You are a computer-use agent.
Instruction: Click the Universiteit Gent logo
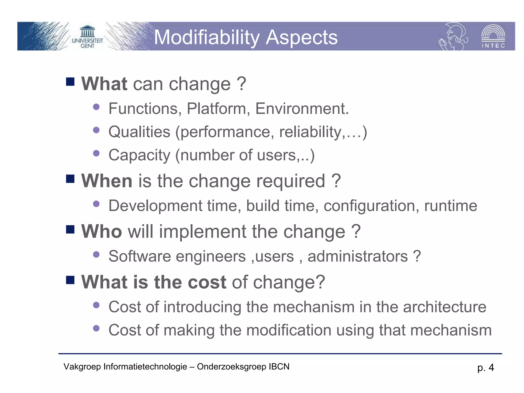(87, 37)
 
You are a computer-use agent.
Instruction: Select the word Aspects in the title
(302, 37)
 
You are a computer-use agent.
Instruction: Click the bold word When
(107, 181)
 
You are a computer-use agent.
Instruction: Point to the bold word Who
(102, 231)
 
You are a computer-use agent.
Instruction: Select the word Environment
(302, 108)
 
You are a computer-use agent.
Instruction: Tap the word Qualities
(139, 132)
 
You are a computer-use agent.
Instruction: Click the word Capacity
(139, 155)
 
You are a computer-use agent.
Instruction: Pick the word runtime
(451, 206)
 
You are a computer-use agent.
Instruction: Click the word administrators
(357, 256)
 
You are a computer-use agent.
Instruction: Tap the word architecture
(444, 307)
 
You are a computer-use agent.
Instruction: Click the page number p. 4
(485, 368)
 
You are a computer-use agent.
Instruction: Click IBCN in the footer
(279, 367)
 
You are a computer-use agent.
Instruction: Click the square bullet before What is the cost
(70, 280)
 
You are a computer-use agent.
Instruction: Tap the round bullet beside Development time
(96, 204)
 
